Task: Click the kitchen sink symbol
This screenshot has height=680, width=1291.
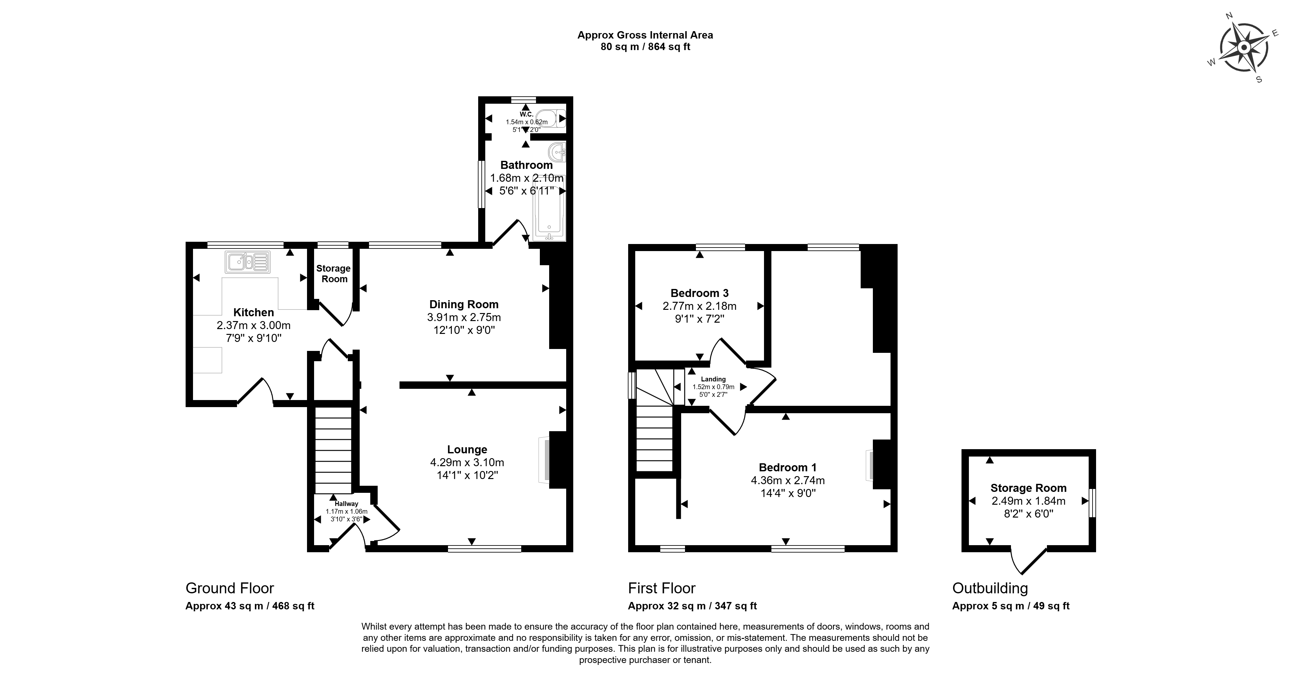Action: [x=248, y=262]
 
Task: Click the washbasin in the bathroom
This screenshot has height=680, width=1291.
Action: [x=557, y=151]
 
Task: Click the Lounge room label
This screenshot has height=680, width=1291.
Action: [x=467, y=449]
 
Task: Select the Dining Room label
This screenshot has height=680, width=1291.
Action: [x=464, y=304]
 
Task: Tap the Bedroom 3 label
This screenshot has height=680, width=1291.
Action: [x=700, y=293]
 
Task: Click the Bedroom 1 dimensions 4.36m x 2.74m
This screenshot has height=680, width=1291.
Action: [x=787, y=480]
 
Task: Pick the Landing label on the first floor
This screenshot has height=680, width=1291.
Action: [x=713, y=379]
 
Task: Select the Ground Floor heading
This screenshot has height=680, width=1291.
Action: [x=230, y=588]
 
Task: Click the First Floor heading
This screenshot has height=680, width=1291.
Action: [x=662, y=588]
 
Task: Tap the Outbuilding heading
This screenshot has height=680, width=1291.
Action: [x=990, y=588]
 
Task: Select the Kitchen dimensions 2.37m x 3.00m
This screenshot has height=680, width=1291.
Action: [x=254, y=325]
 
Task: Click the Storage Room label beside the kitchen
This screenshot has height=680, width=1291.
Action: [x=333, y=274]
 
